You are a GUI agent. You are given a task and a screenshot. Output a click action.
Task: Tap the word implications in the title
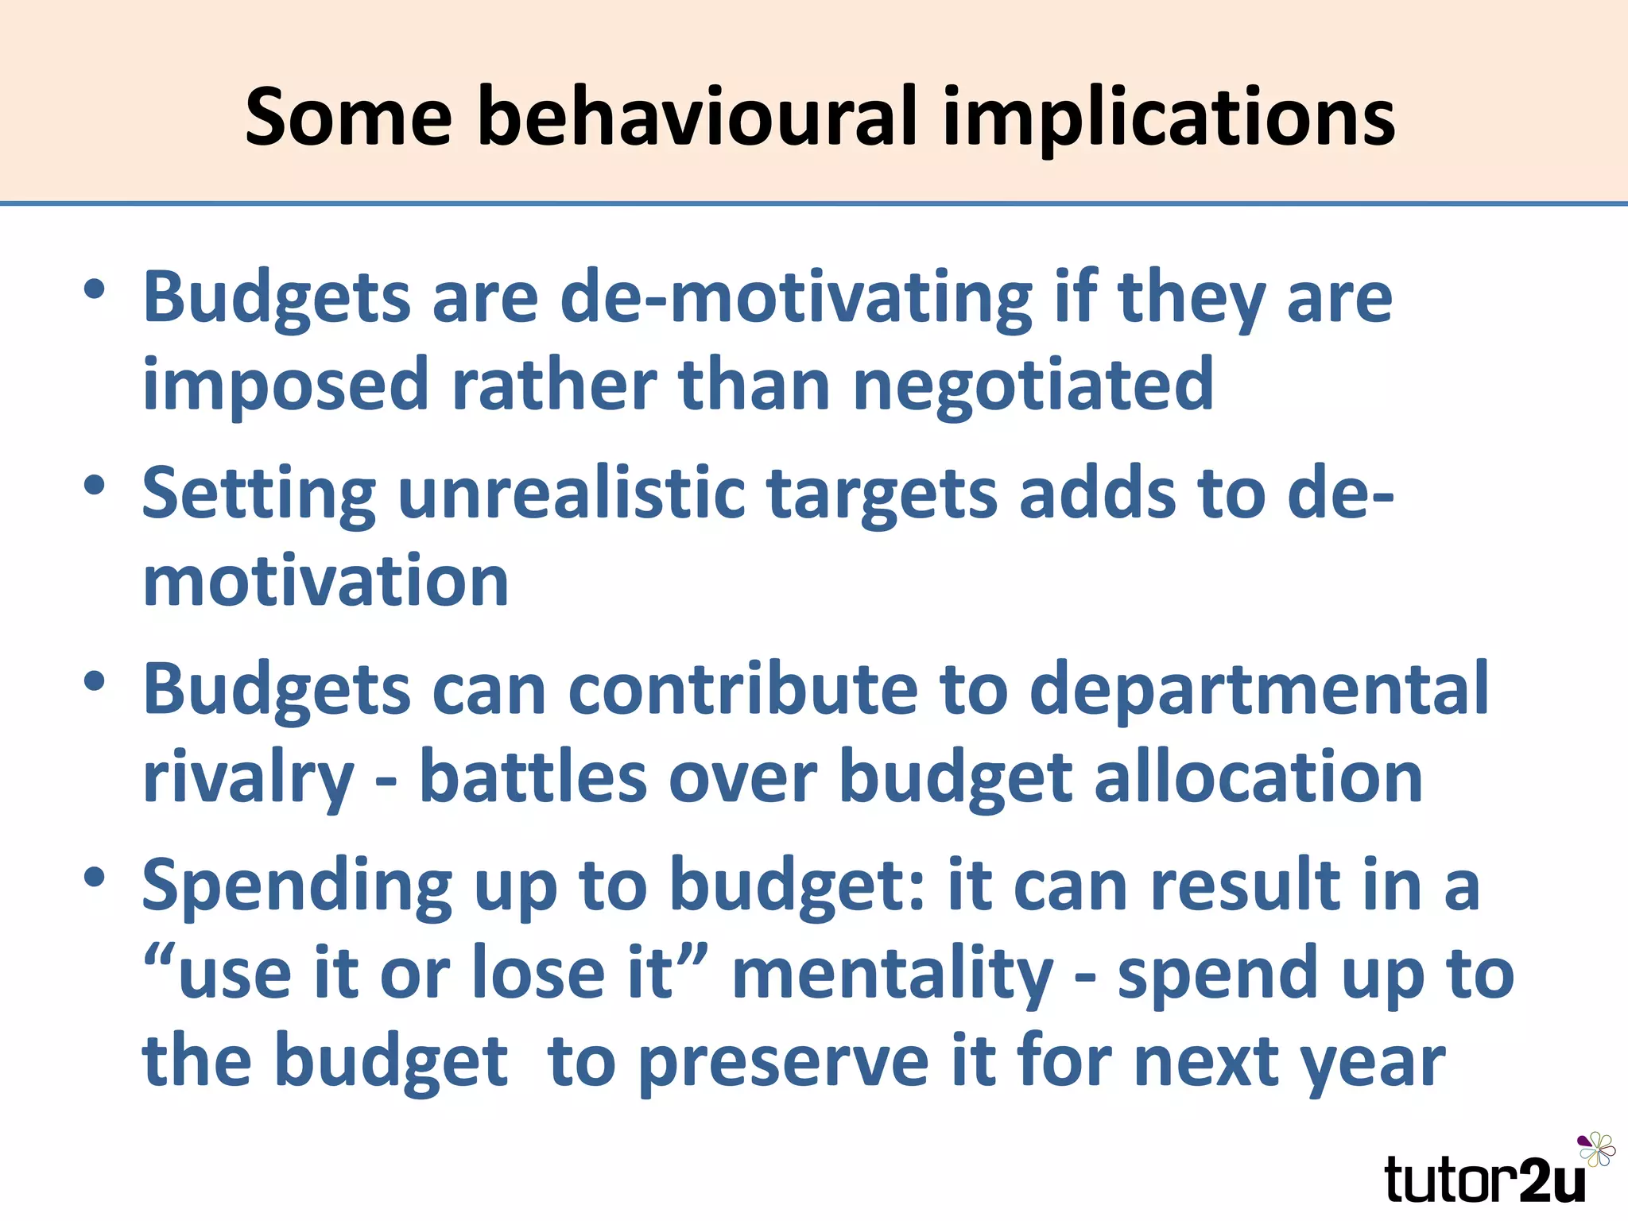[x=1168, y=119]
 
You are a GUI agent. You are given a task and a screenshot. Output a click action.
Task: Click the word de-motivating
[x=796, y=298]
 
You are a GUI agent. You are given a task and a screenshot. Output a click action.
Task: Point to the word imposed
[x=285, y=386]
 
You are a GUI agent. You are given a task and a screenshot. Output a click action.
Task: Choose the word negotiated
[x=1033, y=386]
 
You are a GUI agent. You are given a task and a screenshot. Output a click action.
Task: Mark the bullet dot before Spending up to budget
[x=95, y=877]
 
